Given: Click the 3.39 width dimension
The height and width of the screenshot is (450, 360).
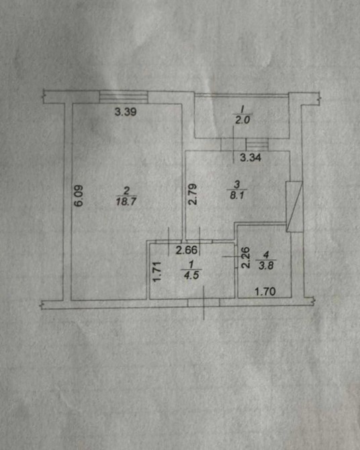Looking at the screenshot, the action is coord(126,111).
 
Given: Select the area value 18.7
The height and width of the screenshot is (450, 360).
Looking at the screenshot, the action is coord(126,201).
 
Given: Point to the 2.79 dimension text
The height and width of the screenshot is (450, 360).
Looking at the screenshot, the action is coord(193,194).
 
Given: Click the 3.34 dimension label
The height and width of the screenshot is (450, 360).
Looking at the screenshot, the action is coord(251,158).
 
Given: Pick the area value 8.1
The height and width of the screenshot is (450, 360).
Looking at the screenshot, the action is coord(237,195).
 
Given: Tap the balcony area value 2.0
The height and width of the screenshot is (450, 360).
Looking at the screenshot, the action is coord(242,120).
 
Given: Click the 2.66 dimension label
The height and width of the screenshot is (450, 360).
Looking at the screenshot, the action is coord(187,251).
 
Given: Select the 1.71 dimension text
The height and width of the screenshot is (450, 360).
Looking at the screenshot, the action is coord(157,271).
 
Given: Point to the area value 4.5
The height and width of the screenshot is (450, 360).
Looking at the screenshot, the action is coord(191,275).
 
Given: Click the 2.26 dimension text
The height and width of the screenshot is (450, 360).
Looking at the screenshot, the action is coord(245,258).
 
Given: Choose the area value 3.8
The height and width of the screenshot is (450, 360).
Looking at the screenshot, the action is coord(266,266).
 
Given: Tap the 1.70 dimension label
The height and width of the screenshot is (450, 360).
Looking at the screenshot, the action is coord(265,292).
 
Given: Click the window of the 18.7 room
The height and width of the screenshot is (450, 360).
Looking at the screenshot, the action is coord(124,97).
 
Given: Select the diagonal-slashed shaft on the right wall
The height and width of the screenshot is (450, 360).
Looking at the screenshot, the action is coord(295,207).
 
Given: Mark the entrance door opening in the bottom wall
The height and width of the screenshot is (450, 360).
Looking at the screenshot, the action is coord(204,303).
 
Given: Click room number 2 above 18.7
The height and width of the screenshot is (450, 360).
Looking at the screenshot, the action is coord(126,191).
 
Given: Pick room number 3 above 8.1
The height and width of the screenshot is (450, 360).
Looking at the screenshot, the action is coord(237,184).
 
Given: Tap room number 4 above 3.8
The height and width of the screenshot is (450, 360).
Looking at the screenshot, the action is coord(266,255).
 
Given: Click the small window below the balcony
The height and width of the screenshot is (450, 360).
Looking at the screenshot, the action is coord(257,144).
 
